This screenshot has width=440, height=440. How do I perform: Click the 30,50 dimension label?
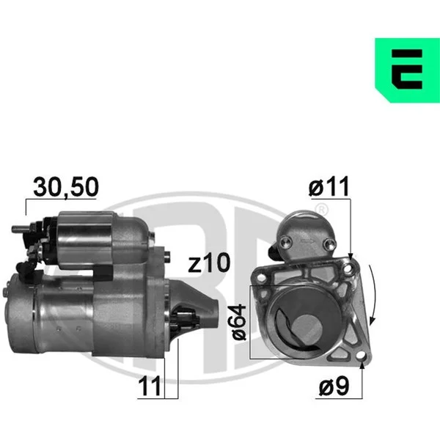[66, 187]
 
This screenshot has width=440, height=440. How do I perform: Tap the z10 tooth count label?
[209, 263]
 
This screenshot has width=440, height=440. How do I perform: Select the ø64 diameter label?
[239, 323]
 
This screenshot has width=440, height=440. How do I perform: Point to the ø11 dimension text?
[329, 186]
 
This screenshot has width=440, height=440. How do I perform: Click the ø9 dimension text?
[334, 386]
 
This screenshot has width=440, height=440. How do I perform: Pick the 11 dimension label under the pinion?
[150, 386]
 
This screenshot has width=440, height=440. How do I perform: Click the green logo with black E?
[408, 70]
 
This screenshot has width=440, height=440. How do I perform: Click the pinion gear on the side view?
[185, 319]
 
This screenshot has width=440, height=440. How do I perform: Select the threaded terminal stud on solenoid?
[21, 229]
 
